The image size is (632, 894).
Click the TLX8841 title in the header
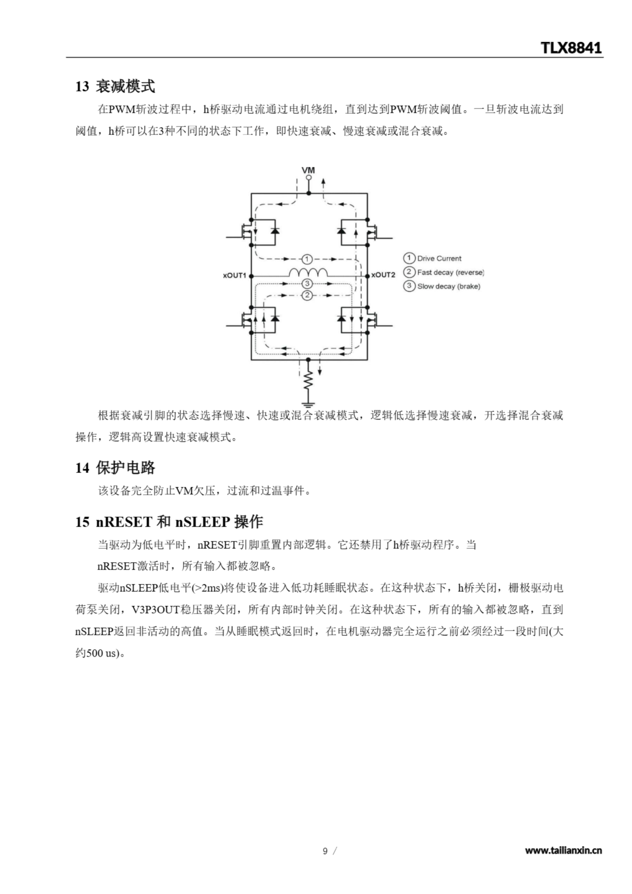point(571,48)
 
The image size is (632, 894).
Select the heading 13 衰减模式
point(115,86)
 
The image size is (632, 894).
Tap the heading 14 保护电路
point(115,468)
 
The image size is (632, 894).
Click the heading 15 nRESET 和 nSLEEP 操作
point(169,522)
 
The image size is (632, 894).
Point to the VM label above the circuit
point(308,170)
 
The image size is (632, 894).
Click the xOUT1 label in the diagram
point(234,276)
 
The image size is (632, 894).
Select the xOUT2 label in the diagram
point(383,275)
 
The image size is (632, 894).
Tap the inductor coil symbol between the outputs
point(308,272)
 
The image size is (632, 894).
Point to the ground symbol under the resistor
point(308,404)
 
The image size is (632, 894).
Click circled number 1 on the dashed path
point(307,259)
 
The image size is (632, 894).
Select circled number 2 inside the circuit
point(307,295)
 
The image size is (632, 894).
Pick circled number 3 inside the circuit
point(307,284)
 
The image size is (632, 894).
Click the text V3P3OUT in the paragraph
point(155,609)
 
